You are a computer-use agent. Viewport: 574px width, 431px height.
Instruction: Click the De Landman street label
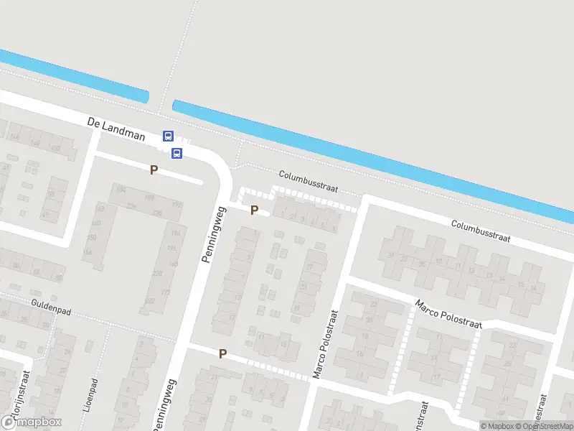point(116,129)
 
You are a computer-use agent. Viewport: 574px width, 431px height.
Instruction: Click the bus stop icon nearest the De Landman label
point(168,136)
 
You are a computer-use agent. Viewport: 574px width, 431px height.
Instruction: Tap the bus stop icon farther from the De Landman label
point(177,153)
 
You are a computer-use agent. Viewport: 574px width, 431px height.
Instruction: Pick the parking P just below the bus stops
point(153,170)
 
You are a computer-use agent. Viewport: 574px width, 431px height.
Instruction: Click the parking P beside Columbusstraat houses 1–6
point(254,210)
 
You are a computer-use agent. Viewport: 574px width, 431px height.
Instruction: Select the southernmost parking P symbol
point(222,353)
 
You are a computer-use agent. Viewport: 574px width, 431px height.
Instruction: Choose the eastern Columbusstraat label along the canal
point(480,231)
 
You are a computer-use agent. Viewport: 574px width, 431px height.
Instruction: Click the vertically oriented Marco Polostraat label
point(324,345)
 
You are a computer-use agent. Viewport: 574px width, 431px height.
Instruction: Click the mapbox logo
point(32,422)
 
